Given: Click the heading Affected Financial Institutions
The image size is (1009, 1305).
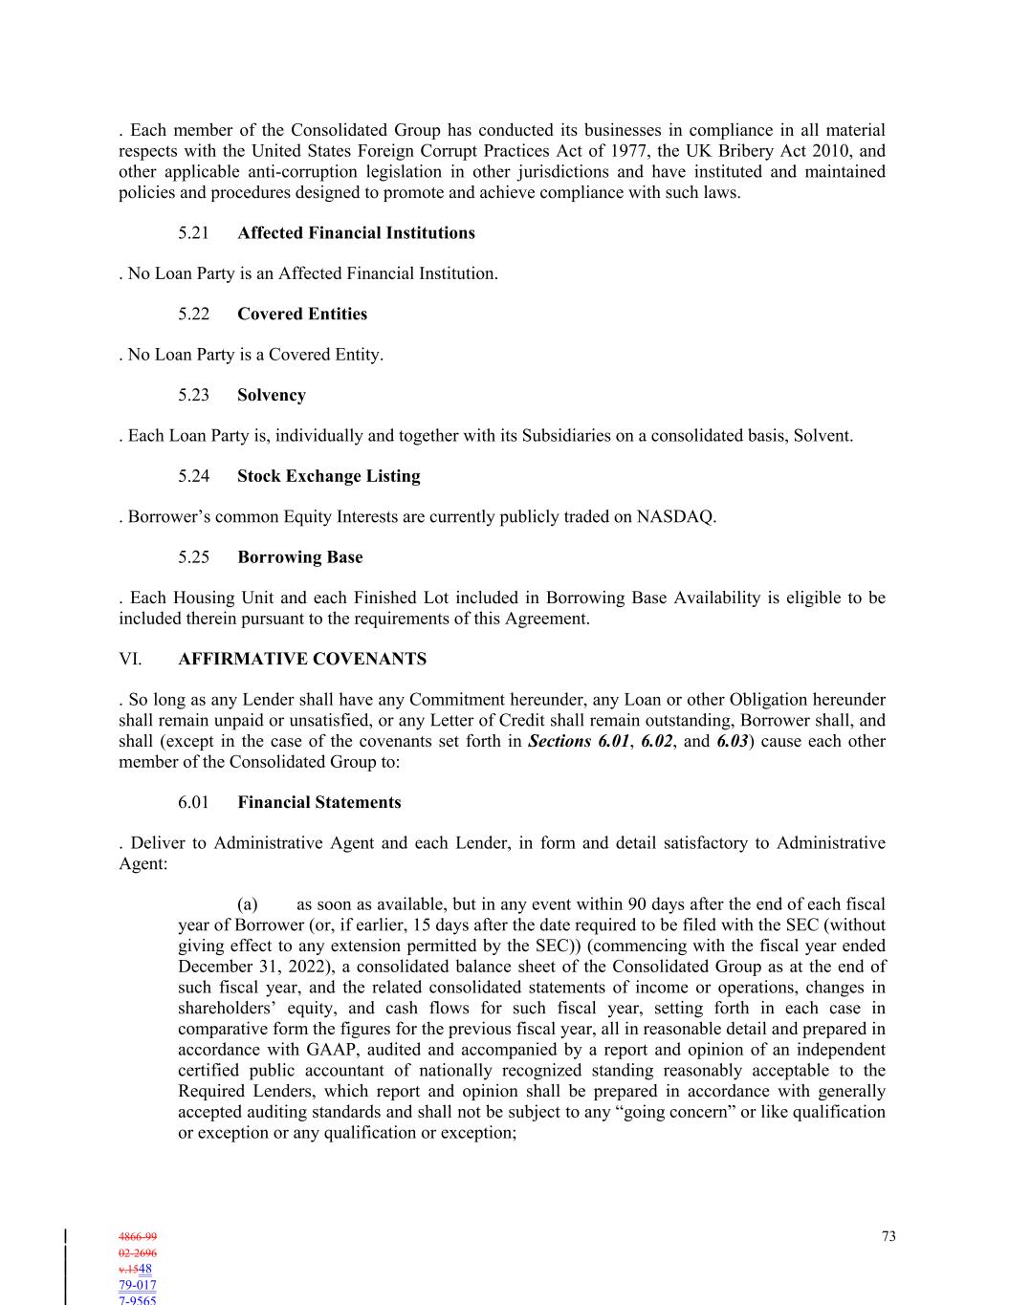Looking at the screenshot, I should [356, 233].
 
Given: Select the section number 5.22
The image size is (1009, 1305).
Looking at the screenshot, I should [193, 315].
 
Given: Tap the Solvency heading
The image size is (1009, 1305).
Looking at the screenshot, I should [272, 395].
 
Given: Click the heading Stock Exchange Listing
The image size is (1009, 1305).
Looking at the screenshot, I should [328, 476].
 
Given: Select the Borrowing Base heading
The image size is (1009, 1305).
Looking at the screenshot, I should [299, 557].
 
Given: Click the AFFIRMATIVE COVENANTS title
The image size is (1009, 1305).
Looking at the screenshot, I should [302, 660].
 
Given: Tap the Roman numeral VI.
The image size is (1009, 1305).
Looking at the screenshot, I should [130, 660].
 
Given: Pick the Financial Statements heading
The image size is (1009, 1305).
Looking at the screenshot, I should [319, 803].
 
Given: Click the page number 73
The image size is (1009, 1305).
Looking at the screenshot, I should [888, 1237].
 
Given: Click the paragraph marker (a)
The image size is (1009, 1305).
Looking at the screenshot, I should [248, 904].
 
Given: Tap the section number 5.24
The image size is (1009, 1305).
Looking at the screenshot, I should [193, 476].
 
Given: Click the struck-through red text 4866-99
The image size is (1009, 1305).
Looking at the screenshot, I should [138, 1237].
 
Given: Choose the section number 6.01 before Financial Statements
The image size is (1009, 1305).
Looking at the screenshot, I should [193, 803].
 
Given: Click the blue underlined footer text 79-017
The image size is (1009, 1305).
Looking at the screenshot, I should [138, 1286].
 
